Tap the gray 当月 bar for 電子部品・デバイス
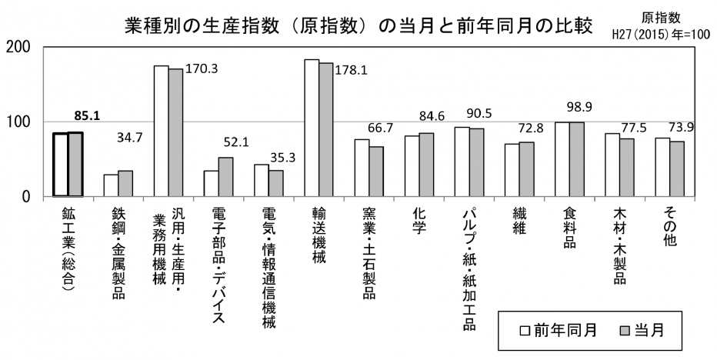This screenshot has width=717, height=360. [225, 177]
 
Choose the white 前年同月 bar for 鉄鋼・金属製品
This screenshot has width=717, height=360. [112, 185]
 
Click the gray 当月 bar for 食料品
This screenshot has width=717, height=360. [576, 159]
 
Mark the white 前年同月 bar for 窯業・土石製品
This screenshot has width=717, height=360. [362, 168]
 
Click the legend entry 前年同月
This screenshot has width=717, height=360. [559, 330]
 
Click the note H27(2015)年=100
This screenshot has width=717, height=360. [661, 35]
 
